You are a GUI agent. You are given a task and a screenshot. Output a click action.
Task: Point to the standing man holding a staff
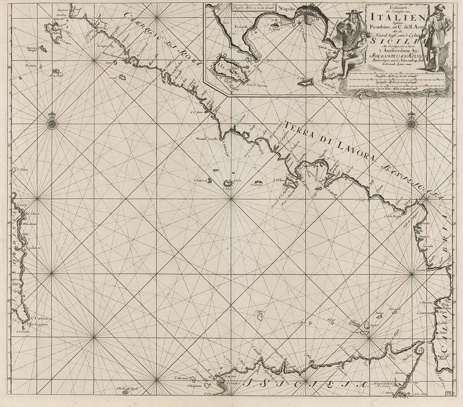436,41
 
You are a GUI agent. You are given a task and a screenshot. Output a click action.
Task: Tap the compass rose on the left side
52,122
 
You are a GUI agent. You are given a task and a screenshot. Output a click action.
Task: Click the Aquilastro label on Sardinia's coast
28,248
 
